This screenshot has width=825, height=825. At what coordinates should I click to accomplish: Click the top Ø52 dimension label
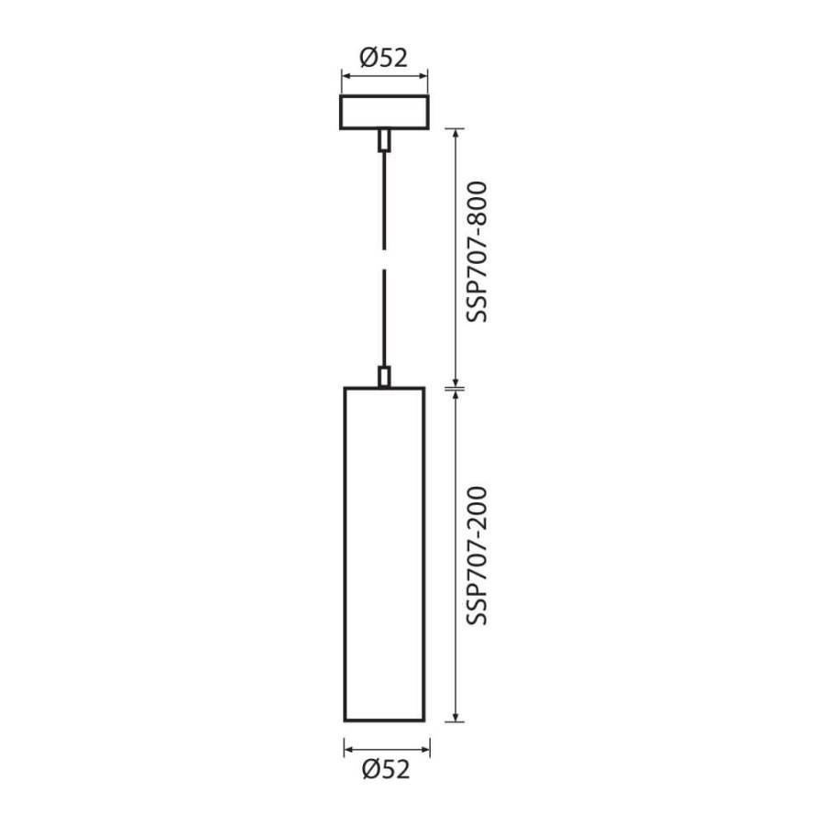[x=383, y=58]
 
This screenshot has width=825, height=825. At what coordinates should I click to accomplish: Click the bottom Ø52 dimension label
[x=386, y=769]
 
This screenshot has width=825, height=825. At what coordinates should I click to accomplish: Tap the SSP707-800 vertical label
[x=478, y=252]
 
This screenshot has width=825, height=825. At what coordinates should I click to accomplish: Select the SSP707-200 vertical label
[x=478, y=556]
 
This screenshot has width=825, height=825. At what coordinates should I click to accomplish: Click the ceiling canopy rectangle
[x=385, y=95]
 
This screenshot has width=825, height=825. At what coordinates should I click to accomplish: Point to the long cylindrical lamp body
[x=345, y=555]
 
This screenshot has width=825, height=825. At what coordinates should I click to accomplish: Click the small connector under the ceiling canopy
[x=385, y=140]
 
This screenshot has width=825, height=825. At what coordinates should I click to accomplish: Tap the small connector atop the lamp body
[x=385, y=377]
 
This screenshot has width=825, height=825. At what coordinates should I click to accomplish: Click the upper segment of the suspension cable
[x=385, y=201]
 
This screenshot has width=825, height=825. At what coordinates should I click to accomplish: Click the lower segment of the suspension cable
[x=385, y=318]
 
